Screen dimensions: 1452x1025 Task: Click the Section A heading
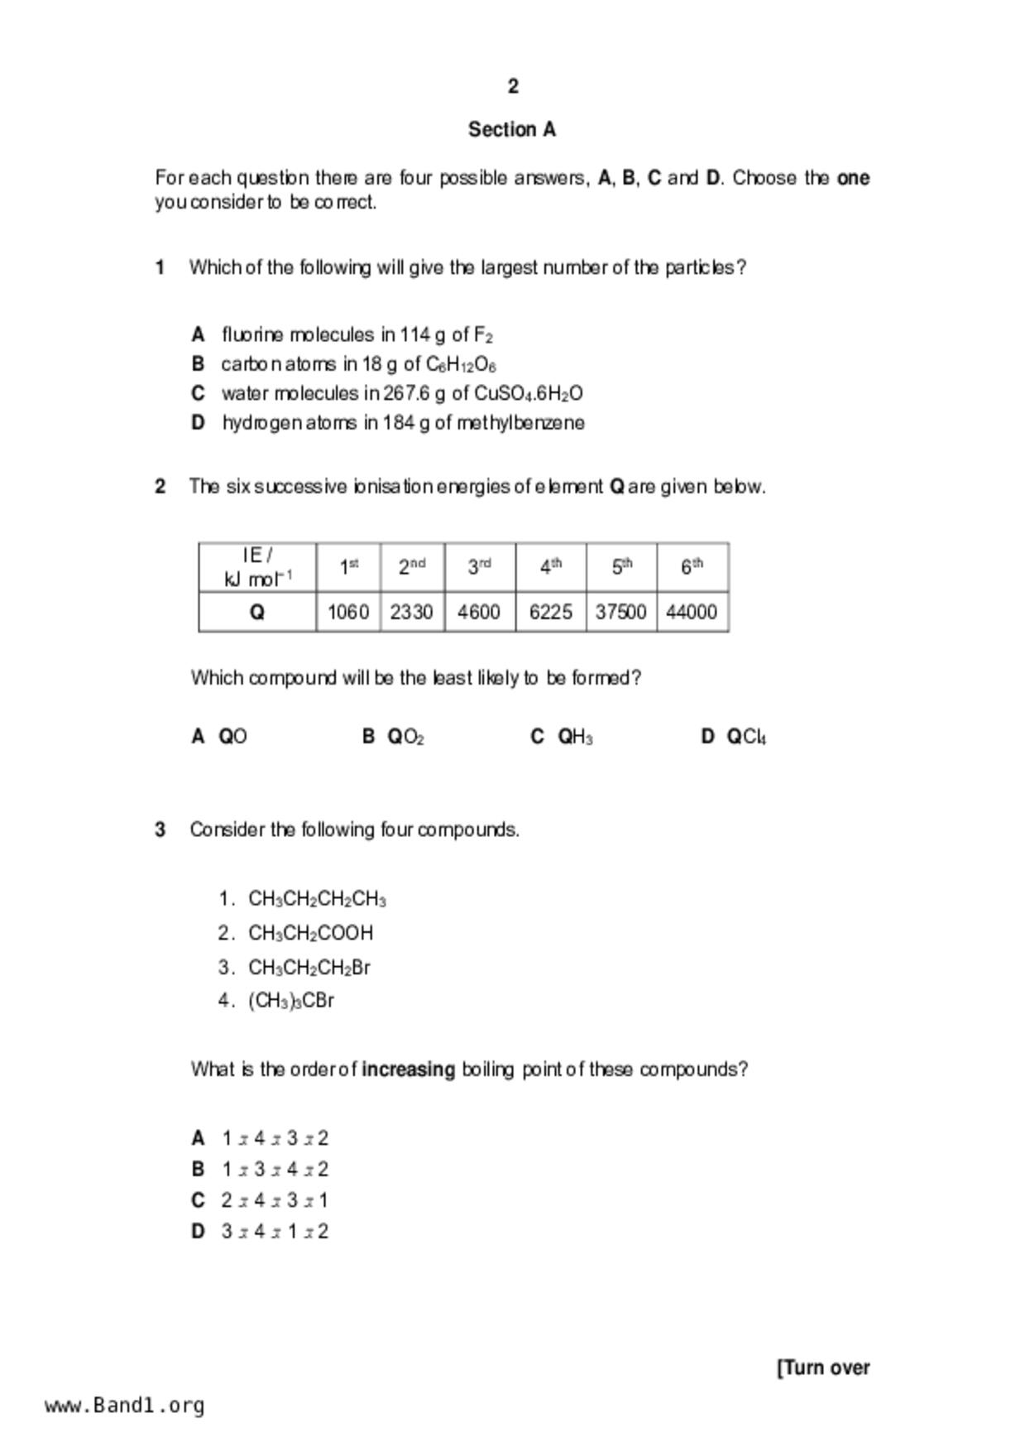pyautogui.click(x=512, y=130)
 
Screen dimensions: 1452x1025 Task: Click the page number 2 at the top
pyautogui.click(x=513, y=86)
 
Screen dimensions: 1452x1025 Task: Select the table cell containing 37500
pyautogui.click(x=620, y=613)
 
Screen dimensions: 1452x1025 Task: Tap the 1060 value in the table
pyautogui.click(x=348, y=613)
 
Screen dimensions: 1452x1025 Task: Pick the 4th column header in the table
pyautogui.click(x=550, y=567)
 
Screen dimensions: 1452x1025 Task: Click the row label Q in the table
pyautogui.click(x=257, y=613)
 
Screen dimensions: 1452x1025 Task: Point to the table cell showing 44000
pyautogui.click(x=692, y=613)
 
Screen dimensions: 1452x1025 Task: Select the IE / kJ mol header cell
pyautogui.click(x=257, y=567)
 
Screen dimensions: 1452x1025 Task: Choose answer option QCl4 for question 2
pyautogui.click(x=746, y=737)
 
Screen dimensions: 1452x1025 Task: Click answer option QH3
pyautogui.click(x=575, y=737)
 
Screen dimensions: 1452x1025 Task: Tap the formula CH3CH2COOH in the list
pyautogui.click(x=310, y=934)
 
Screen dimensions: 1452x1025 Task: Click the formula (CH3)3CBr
pyautogui.click(x=290, y=1001)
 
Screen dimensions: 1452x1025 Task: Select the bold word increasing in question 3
pyautogui.click(x=409, y=1070)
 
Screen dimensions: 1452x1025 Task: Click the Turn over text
pyautogui.click(x=823, y=1368)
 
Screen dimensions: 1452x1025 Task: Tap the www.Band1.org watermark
pyautogui.click(x=125, y=1406)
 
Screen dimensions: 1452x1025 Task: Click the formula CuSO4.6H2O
pyautogui.click(x=528, y=394)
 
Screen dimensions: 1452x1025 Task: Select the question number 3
pyautogui.click(x=160, y=829)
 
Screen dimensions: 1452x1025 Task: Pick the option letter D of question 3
pyautogui.click(x=198, y=1232)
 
